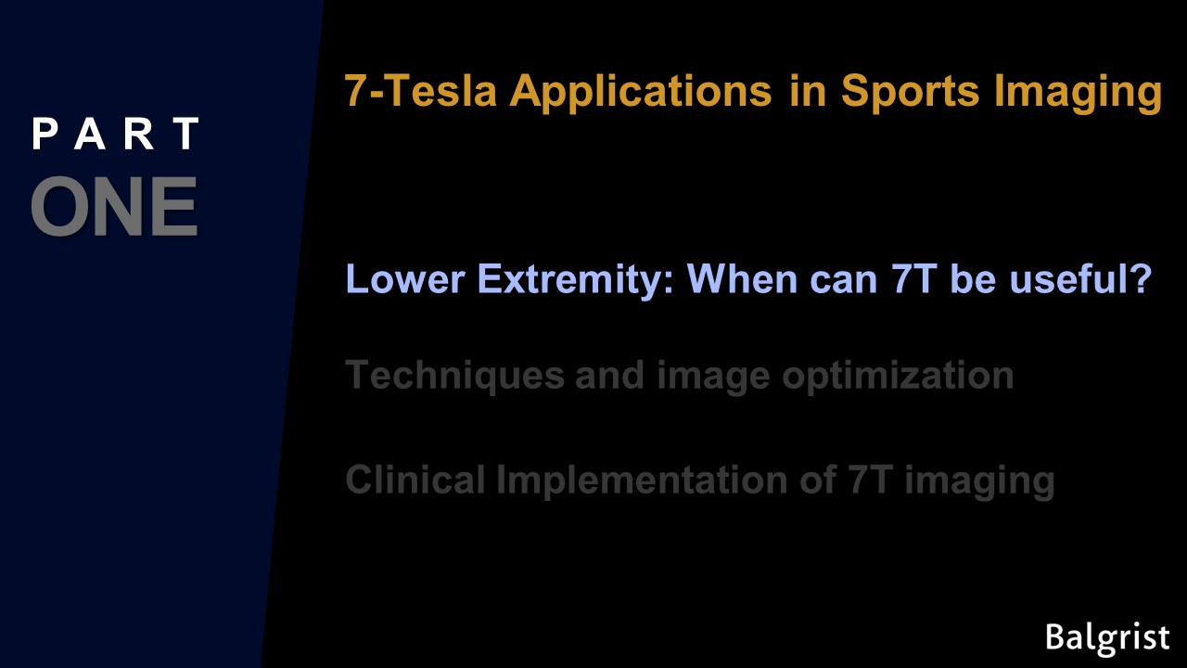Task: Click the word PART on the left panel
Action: tap(116, 134)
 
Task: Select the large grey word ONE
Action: tap(114, 207)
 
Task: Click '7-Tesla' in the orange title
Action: tap(421, 90)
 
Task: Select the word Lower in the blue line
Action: tap(405, 279)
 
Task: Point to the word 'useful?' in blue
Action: tap(1081, 279)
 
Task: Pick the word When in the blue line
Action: tap(742, 279)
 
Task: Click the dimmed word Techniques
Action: tap(455, 377)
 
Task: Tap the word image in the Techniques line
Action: tap(713, 377)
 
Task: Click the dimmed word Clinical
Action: tap(415, 480)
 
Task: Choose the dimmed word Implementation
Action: tap(642, 480)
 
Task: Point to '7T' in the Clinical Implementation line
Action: tap(870, 480)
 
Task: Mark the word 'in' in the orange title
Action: tap(808, 90)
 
